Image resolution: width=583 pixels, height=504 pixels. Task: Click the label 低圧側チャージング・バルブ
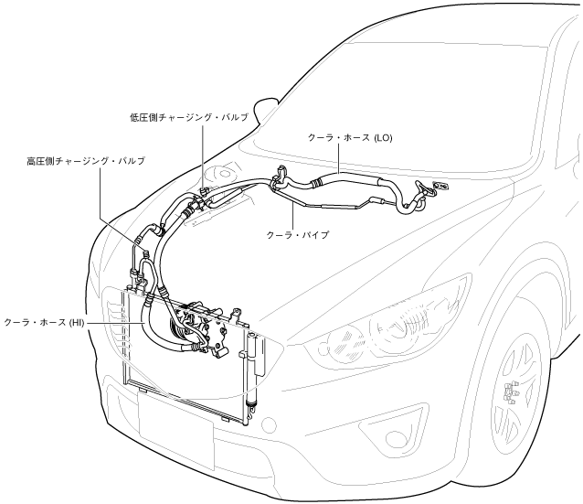pyautogui.click(x=188, y=118)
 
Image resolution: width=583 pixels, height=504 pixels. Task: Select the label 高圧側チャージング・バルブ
pyautogui.click(x=86, y=161)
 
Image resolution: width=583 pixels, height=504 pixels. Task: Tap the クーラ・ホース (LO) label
pyautogui.click(x=350, y=137)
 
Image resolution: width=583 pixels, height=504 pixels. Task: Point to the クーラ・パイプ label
pyautogui.click(x=298, y=235)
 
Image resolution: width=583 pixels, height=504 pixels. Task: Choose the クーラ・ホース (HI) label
pyautogui.click(x=44, y=323)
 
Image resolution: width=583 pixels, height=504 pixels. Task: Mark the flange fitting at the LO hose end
pyautogui.click(x=438, y=187)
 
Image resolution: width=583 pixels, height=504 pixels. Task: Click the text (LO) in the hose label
pyautogui.click(x=384, y=137)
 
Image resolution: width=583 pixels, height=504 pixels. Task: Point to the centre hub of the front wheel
pyautogui.click(x=510, y=394)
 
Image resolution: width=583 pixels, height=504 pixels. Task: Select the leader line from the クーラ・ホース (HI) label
pyautogui.click(x=114, y=323)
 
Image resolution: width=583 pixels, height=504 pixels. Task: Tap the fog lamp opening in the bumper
pyautogui.click(x=384, y=428)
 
